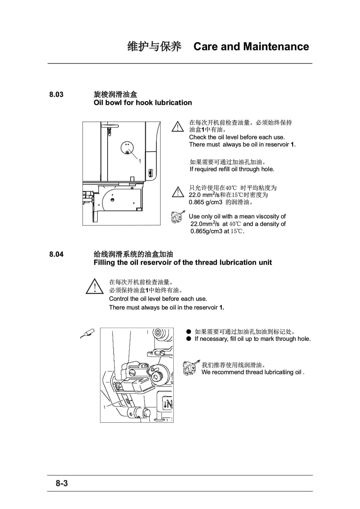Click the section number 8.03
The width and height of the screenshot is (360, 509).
tap(56, 95)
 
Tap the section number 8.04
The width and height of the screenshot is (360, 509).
tap(56, 254)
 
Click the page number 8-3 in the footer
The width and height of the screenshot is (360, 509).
tap(62, 483)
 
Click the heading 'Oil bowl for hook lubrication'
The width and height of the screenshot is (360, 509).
tap(143, 103)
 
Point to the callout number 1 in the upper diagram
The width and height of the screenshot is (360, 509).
tap(140, 161)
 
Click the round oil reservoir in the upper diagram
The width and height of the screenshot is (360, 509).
tap(127, 148)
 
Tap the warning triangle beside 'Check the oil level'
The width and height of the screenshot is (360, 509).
tap(177, 127)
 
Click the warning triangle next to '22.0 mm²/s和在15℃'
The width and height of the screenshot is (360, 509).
tap(178, 192)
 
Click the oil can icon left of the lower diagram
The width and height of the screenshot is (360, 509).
tap(87, 333)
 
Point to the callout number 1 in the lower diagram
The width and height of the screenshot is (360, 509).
tap(105, 407)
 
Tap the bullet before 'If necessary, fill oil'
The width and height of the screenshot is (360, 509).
tap(189, 339)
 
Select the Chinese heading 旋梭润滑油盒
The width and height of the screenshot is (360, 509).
tap(115, 95)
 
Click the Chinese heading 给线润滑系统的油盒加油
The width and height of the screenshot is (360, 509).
tap(133, 254)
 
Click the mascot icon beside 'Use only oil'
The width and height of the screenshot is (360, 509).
tap(178, 217)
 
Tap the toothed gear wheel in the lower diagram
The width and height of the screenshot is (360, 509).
tap(158, 376)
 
